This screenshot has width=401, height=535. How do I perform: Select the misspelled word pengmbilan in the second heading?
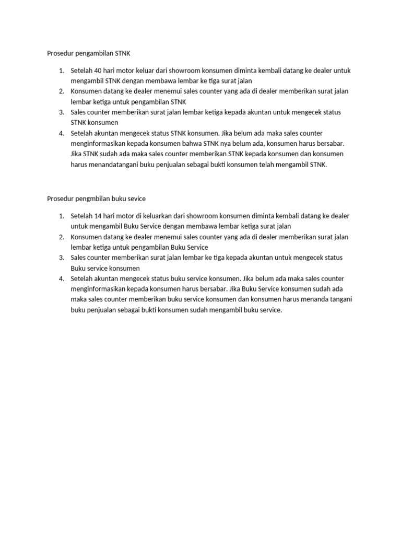coord(92,199)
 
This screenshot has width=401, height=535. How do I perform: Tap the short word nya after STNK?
coord(222,144)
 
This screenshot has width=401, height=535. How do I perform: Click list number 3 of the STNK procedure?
coord(61,112)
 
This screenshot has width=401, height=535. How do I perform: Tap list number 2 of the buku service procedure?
coord(61,237)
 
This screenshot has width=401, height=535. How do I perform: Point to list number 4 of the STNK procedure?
coord(61,133)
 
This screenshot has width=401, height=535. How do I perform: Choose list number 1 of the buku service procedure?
coord(61,216)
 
